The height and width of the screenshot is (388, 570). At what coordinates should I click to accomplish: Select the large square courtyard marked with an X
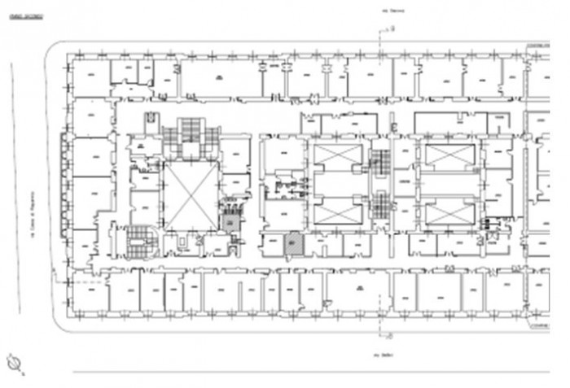pos(191,195)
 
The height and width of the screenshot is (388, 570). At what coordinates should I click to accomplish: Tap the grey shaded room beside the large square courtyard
pos(231,220)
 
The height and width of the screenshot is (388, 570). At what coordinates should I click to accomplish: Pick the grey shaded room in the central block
pos(294,243)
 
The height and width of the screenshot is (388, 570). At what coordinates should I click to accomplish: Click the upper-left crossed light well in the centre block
pos(336,155)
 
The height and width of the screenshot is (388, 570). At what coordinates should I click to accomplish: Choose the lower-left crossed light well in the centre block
pos(336,213)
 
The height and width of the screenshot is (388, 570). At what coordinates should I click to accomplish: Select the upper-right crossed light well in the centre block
pos(449,155)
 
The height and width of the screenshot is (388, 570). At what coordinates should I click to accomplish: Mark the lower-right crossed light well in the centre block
pos(449,213)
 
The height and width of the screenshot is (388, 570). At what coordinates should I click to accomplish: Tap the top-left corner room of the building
pos(90,78)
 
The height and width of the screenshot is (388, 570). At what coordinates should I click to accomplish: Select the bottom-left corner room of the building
pos(90,292)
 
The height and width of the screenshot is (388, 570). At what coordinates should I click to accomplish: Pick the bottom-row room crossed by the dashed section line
pos(358,292)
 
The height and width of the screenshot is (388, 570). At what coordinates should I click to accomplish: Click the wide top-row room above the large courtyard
pos(221,79)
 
